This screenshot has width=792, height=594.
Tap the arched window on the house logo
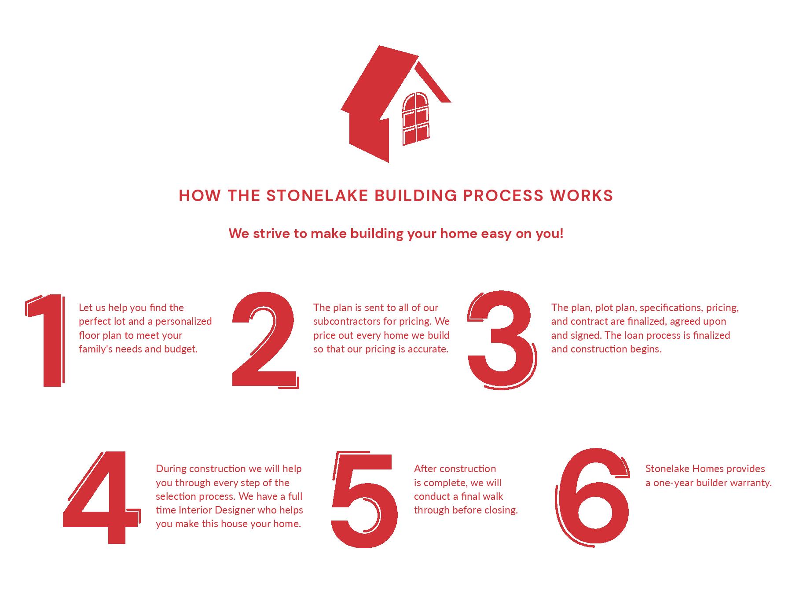tap(415, 118)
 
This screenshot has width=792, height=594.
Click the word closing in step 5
tap(502, 510)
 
